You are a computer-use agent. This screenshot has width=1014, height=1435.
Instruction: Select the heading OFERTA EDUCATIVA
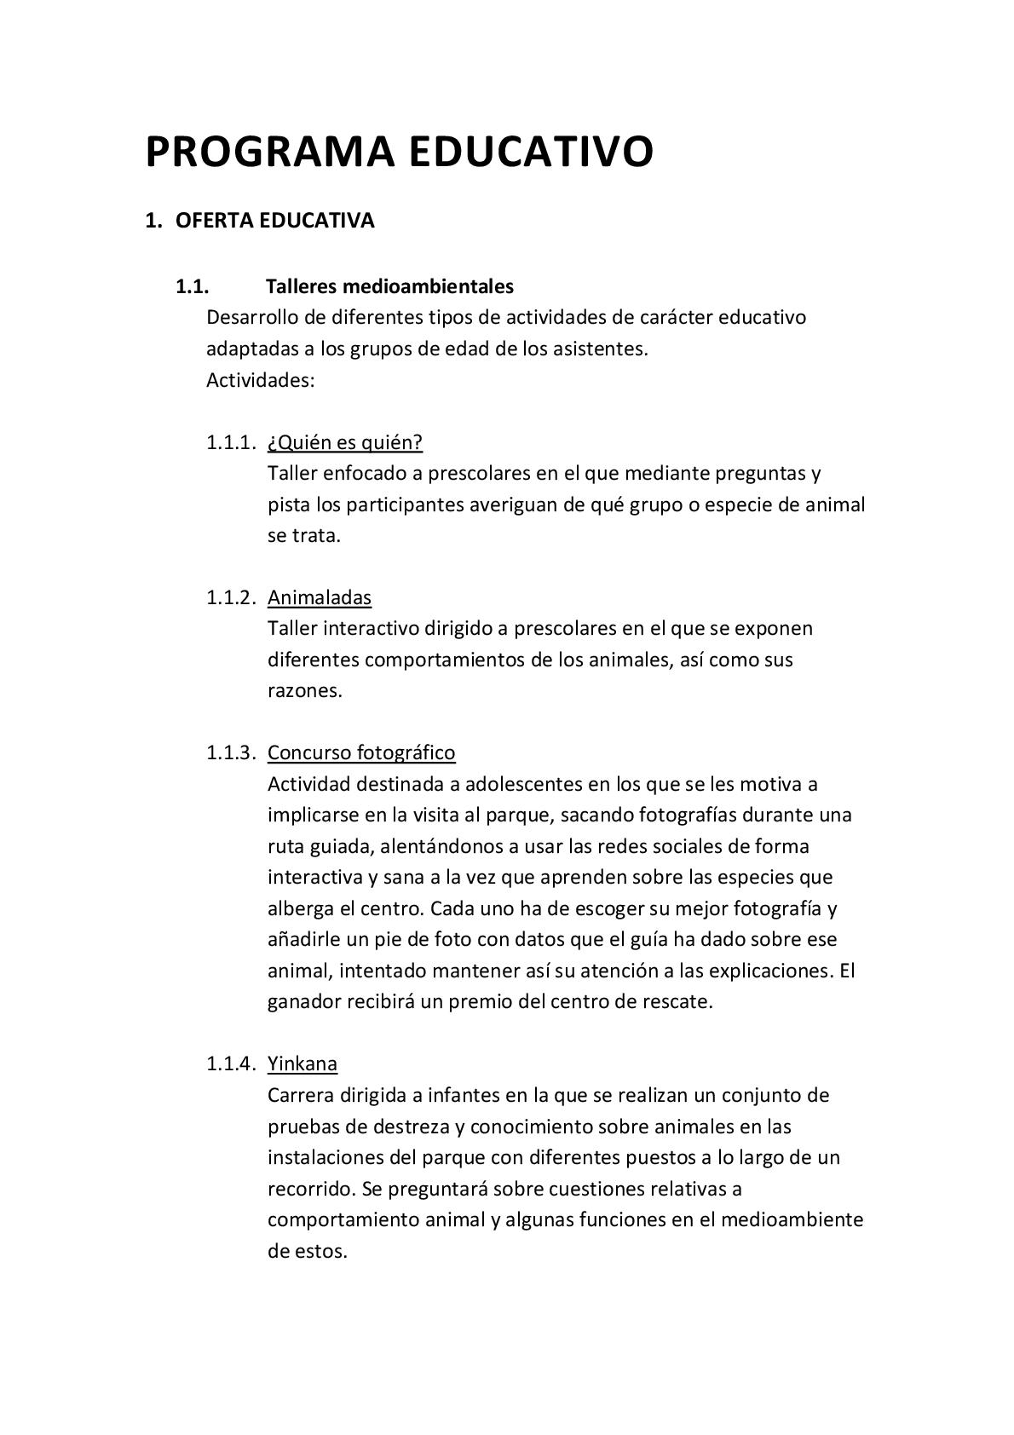pos(274,221)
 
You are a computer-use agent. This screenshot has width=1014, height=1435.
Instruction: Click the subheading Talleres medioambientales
pos(389,285)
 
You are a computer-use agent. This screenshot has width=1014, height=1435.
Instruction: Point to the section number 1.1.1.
pos(230,442)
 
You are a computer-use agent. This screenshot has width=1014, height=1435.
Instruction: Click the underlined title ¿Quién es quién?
pos(345,442)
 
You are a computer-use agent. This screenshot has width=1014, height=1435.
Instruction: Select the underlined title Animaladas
pos(320,597)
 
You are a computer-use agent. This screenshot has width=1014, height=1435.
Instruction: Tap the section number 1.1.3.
pos(230,752)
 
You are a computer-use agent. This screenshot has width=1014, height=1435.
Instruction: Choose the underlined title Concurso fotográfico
pos(361,752)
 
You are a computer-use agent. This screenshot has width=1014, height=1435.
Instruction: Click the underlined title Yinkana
pos(302,1063)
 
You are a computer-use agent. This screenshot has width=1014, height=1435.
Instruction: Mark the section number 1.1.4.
pos(230,1063)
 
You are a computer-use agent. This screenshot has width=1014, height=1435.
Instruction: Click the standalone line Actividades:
pos(261,380)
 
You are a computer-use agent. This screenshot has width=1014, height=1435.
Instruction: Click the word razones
pos(304,690)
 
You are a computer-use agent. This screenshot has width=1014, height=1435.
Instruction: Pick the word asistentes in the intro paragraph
pos(600,349)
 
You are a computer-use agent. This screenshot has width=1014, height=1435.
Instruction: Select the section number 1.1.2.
pos(230,597)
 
